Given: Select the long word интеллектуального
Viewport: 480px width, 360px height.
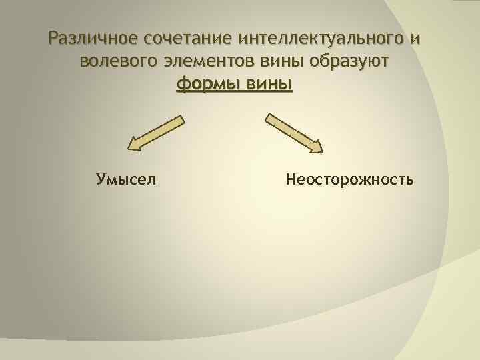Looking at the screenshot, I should click(317, 39).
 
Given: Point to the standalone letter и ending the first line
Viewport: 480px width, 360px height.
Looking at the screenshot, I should click(417, 40).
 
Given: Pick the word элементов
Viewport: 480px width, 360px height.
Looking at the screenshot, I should click(207, 63).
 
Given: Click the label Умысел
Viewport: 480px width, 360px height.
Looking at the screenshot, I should click(127, 179).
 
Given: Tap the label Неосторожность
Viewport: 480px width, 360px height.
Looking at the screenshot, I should click(349, 179).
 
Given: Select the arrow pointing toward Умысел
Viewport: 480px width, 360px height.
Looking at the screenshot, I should click(156, 132).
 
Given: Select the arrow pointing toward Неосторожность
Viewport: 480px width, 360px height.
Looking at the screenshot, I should click(294, 133).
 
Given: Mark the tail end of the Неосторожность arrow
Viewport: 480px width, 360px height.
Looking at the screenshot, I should click(269, 117).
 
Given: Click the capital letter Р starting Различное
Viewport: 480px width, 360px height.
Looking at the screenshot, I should click(54, 39).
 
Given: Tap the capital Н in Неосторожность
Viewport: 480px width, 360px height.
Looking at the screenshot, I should click(290, 179).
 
